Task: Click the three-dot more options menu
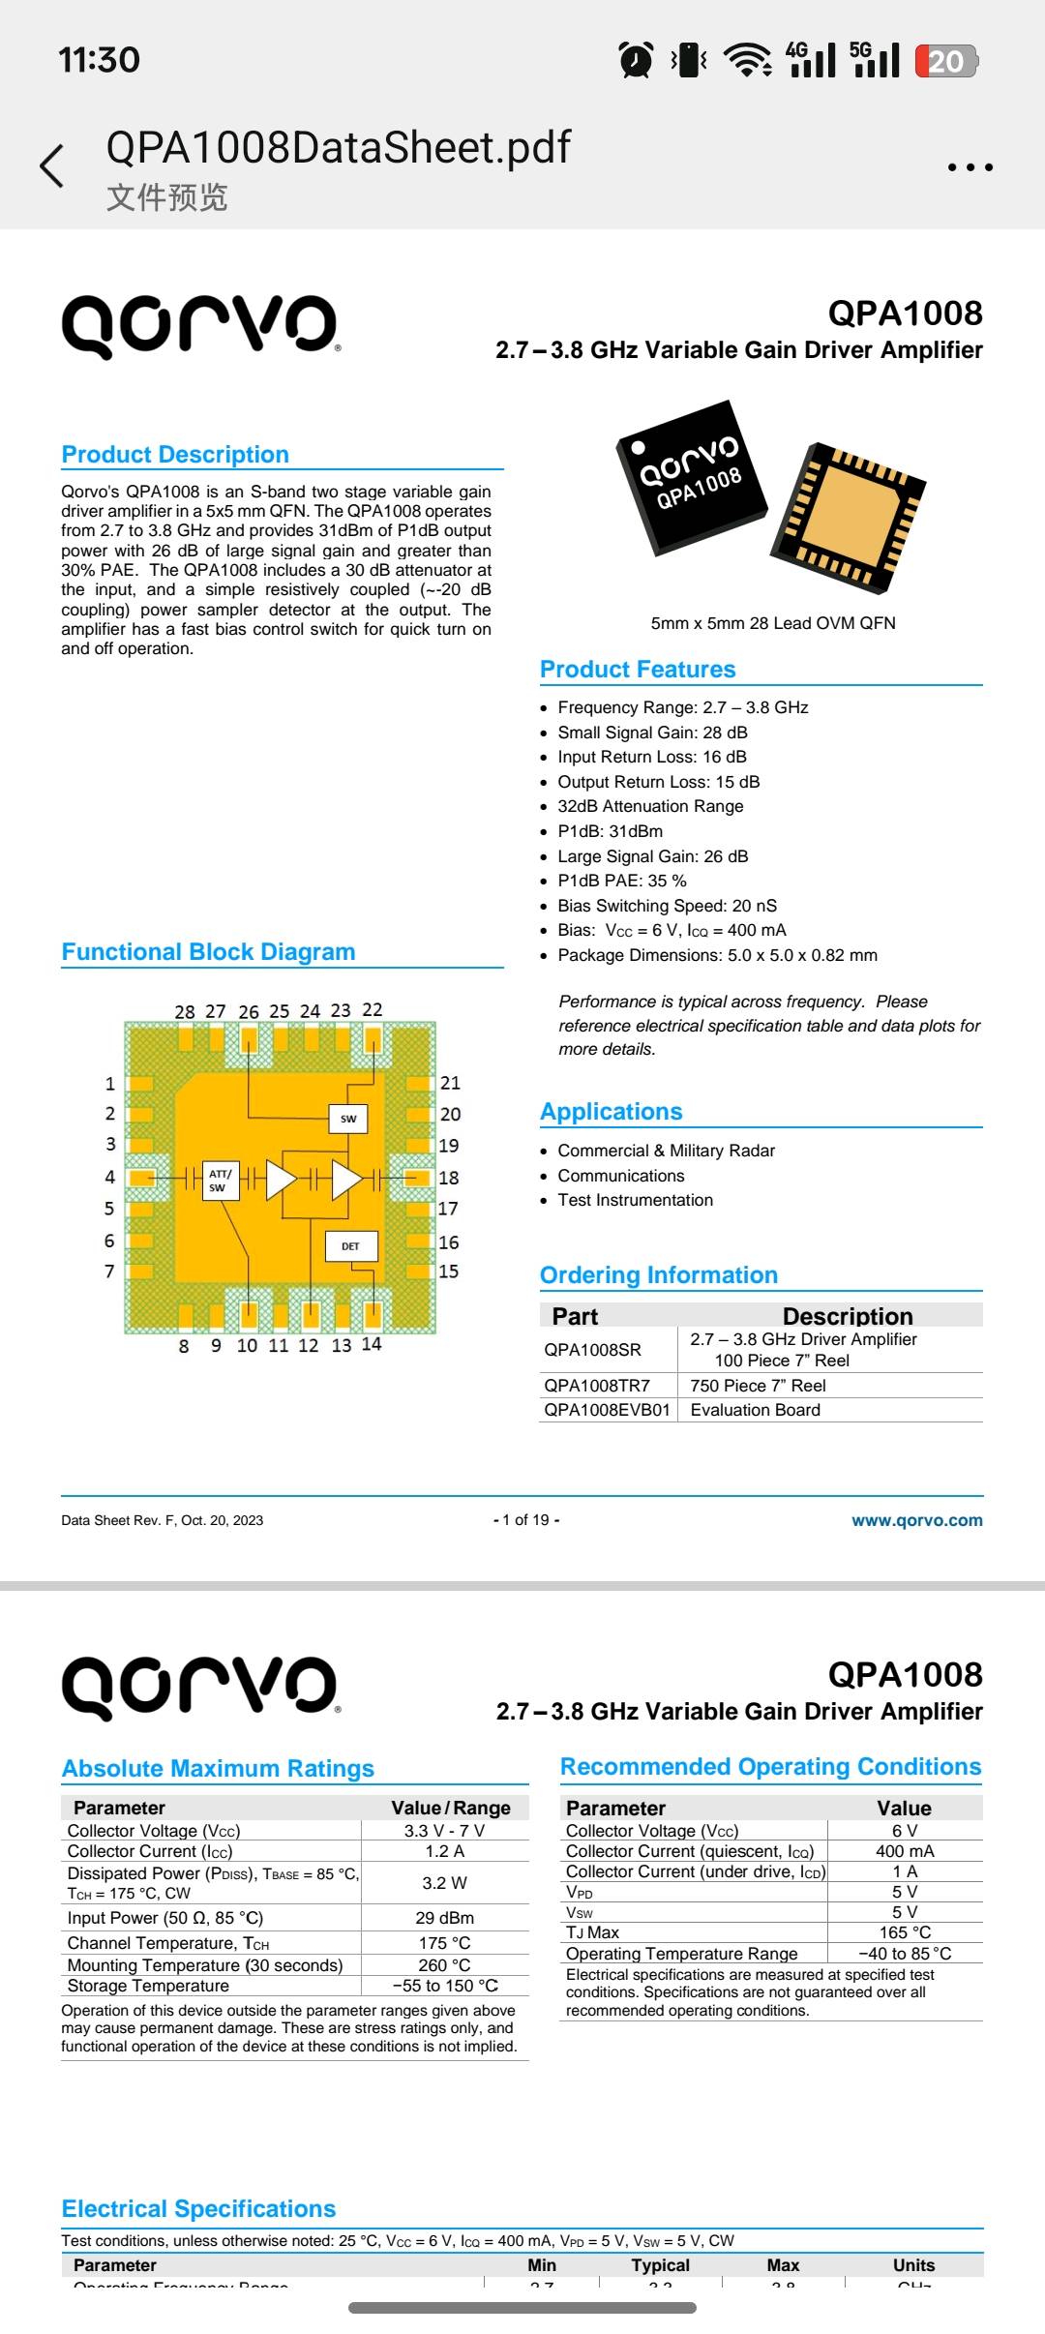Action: [x=970, y=167]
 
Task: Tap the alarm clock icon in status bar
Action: [x=636, y=60]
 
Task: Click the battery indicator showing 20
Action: [x=946, y=61]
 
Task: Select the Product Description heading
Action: [x=175, y=455]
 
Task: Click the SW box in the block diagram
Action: [x=348, y=1119]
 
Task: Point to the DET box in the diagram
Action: [x=350, y=1246]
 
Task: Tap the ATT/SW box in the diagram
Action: [x=221, y=1181]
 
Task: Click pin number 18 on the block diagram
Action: [x=449, y=1178]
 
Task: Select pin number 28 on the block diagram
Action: [x=185, y=1011]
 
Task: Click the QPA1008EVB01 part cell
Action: [x=607, y=1410]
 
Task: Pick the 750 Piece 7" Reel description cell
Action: [x=758, y=1386]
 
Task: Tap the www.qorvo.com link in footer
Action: [x=916, y=1520]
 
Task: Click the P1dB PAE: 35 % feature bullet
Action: [x=622, y=881]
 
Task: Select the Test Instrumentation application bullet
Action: [x=635, y=1200]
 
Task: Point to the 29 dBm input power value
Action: [x=444, y=1918]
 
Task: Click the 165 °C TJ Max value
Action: [x=905, y=1932]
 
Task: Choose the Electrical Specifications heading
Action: [x=198, y=2209]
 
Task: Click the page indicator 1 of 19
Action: [x=526, y=1520]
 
